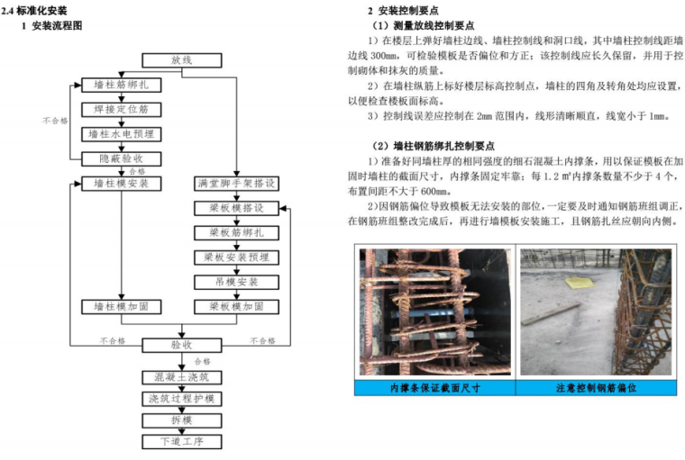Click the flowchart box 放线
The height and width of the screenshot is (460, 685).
tap(181, 59)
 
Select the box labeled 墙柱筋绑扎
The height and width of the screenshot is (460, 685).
tap(121, 85)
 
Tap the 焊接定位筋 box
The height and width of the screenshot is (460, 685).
tap(121, 109)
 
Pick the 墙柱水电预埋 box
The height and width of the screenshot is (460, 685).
tap(121, 134)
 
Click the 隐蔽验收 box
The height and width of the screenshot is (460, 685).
tap(121, 158)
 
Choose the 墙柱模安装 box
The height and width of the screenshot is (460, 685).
tap(121, 183)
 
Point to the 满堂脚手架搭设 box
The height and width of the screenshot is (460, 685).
tap(236, 183)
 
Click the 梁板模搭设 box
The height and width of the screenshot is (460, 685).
tap(236, 208)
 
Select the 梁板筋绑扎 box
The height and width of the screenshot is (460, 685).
tap(236, 232)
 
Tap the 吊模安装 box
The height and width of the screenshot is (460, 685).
tap(236, 282)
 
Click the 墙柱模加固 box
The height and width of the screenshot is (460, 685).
tap(121, 307)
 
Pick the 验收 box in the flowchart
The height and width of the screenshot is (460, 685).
tap(181, 344)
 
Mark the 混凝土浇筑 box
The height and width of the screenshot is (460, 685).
tap(181, 376)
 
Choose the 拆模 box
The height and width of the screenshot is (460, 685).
tap(181, 419)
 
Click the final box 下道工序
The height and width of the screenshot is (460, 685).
tap(181, 441)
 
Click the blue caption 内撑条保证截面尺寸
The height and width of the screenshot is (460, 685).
tap(434, 388)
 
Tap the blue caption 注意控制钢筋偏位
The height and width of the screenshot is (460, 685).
tap(596, 388)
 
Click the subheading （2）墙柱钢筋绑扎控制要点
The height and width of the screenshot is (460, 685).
tap(440, 146)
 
